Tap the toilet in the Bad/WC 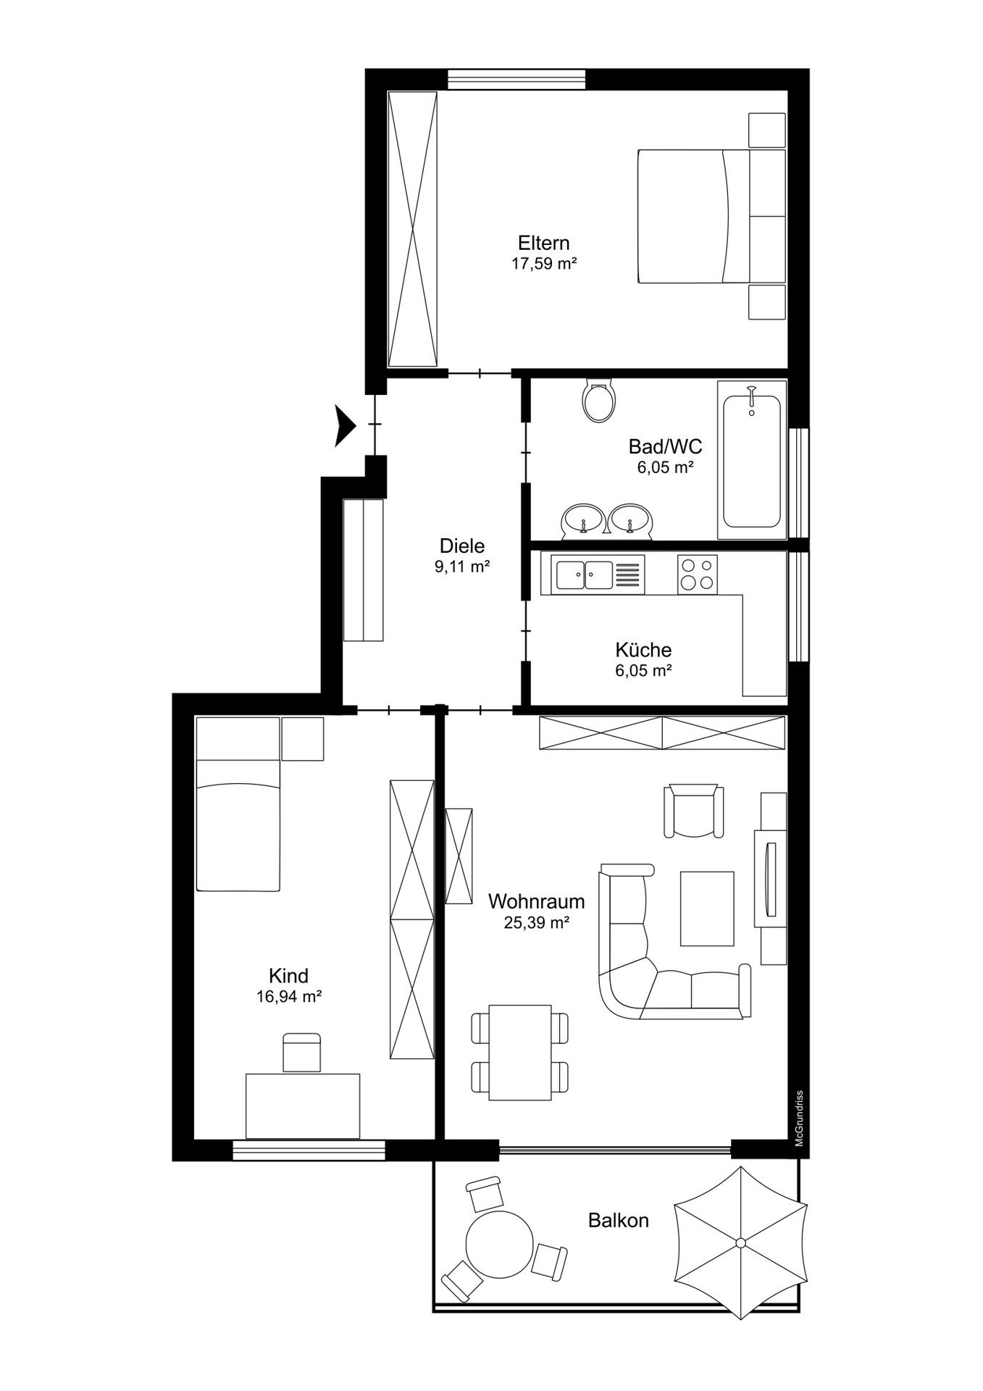click(x=599, y=400)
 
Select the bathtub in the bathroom click(x=752, y=460)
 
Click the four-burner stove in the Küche click(x=698, y=575)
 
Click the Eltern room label click(x=543, y=243)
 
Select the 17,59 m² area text click(x=544, y=264)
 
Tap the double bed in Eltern click(x=711, y=216)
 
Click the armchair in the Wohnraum click(x=694, y=810)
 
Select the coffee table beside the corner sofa click(x=707, y=908)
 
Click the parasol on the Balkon click(x=740, y=1242)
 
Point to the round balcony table click(x=500, y=1246)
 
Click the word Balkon click(x=618, y=1221)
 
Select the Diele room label click(x=462, y=546)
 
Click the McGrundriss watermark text click(x=800, y=1119)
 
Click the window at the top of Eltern click(x=516, y=79)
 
